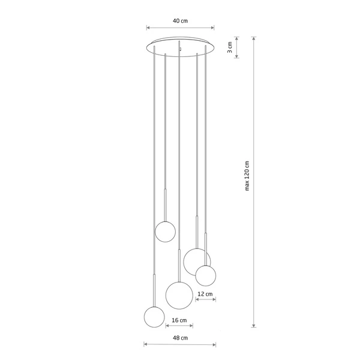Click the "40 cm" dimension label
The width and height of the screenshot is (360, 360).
point(180,20)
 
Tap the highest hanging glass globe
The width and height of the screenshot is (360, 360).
point(165,231)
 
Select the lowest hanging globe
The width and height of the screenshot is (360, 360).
point(154,317)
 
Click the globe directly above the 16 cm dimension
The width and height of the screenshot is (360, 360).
point(179,294)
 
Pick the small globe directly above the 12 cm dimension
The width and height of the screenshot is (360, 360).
point(205,275)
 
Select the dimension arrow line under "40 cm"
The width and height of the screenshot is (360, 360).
point(180,28)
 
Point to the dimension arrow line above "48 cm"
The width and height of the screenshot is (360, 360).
point(179,344)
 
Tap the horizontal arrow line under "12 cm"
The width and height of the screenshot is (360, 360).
point(205,300)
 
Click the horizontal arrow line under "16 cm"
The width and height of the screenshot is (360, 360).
point(179,327)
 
